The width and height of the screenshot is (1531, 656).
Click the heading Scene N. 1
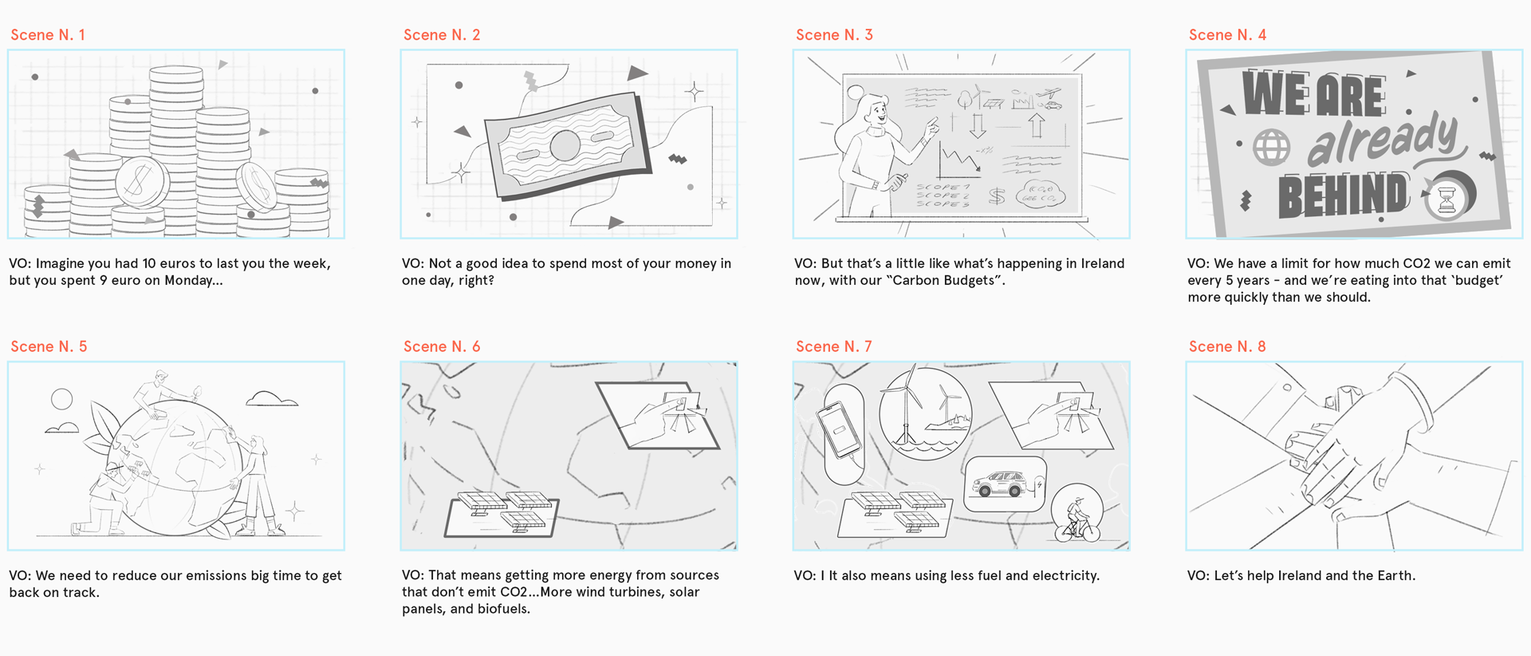tap(48, 35)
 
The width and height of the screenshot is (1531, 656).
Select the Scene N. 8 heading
tap(1227, 346)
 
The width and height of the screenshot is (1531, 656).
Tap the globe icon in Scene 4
tap(1271, 147)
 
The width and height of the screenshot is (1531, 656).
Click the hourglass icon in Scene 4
tap(1446, 197)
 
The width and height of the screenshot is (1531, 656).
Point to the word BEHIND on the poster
tap(1343, 196)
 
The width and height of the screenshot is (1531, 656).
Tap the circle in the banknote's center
tap(565, 145)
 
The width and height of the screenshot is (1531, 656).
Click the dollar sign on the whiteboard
tap(997, 196)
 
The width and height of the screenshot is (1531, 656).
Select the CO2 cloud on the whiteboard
tap(1040, 194)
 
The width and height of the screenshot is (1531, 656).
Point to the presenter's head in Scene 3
tap(874, 109)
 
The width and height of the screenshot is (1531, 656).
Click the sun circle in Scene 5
tap(61, 399)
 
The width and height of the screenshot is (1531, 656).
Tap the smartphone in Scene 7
tap(840, 429)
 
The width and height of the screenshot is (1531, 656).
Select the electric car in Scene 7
tap(1002, 483)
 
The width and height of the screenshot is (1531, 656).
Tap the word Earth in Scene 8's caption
tap(1392, 575)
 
